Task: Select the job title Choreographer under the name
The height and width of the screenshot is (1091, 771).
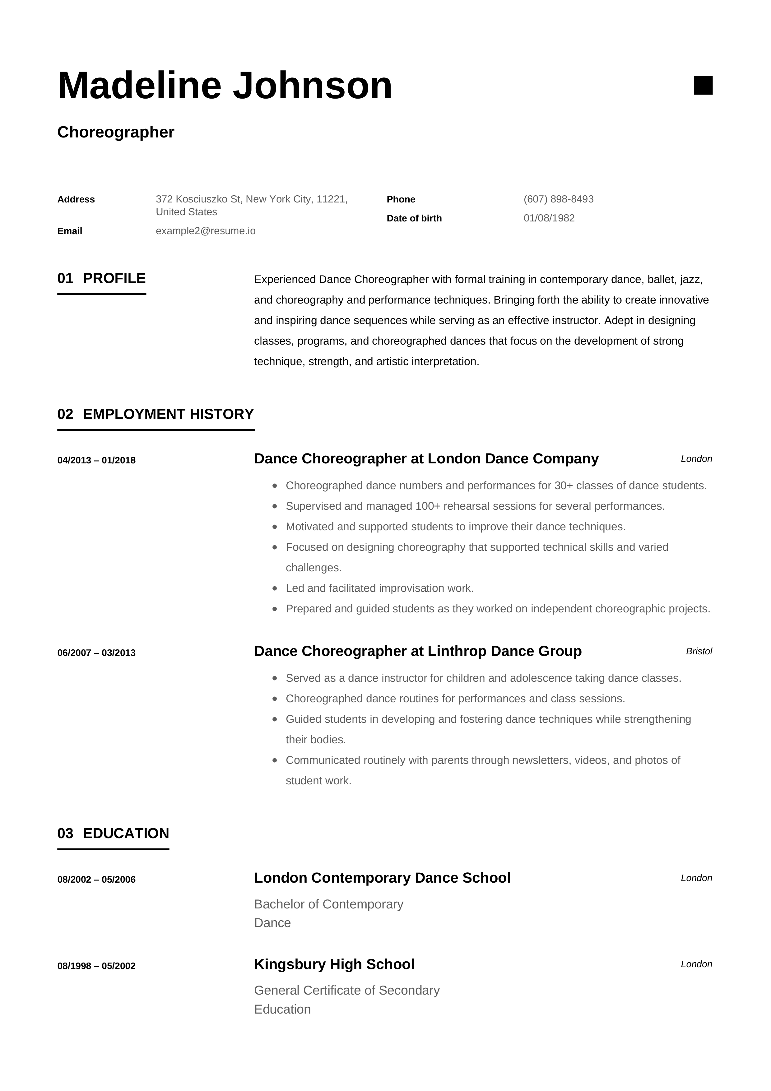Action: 116,132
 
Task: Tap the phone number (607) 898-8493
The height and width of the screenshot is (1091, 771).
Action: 558,199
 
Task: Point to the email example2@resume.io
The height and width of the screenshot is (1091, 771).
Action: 205,231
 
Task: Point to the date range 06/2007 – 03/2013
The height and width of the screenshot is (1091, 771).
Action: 96,653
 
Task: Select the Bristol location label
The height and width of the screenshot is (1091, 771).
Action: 699,652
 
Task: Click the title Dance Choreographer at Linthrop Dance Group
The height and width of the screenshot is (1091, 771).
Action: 418,651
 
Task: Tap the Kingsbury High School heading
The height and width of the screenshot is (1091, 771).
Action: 334,964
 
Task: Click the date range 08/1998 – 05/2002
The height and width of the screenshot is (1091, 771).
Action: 96,966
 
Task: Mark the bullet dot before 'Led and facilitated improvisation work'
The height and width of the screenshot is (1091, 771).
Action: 275,588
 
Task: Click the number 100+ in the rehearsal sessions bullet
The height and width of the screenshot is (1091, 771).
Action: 428,506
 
